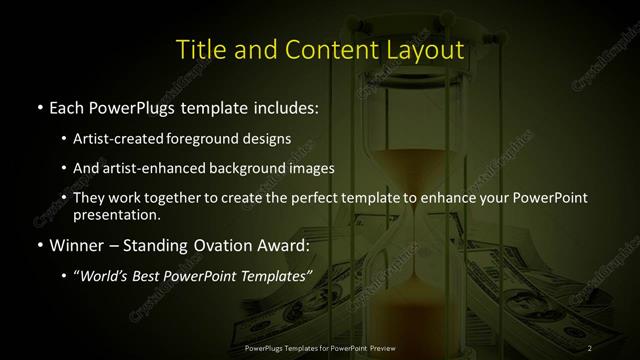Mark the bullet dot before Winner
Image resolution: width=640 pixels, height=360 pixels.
[x=38, y=246]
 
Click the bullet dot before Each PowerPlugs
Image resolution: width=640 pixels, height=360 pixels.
[x=38, y=106]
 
